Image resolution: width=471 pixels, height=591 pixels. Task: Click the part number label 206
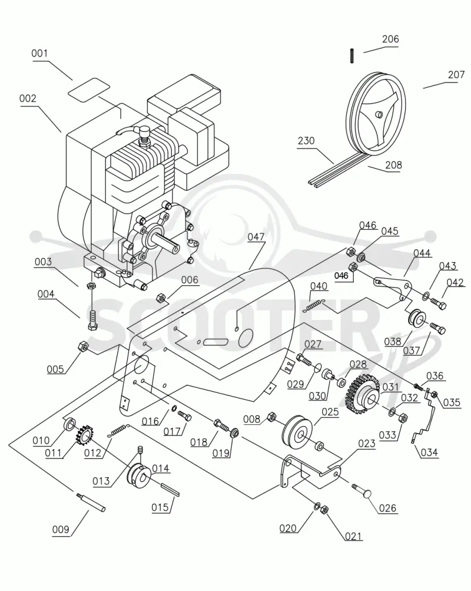tap(390, 39)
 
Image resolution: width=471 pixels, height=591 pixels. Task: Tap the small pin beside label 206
tap(351, 55)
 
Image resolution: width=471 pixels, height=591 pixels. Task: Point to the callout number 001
tap(39, 53)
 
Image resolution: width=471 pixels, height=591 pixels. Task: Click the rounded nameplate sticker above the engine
tap(89, 90)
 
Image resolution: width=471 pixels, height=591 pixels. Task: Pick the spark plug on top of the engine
tap(144, 135)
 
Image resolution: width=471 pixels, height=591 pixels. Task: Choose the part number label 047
tap(256, 237)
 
